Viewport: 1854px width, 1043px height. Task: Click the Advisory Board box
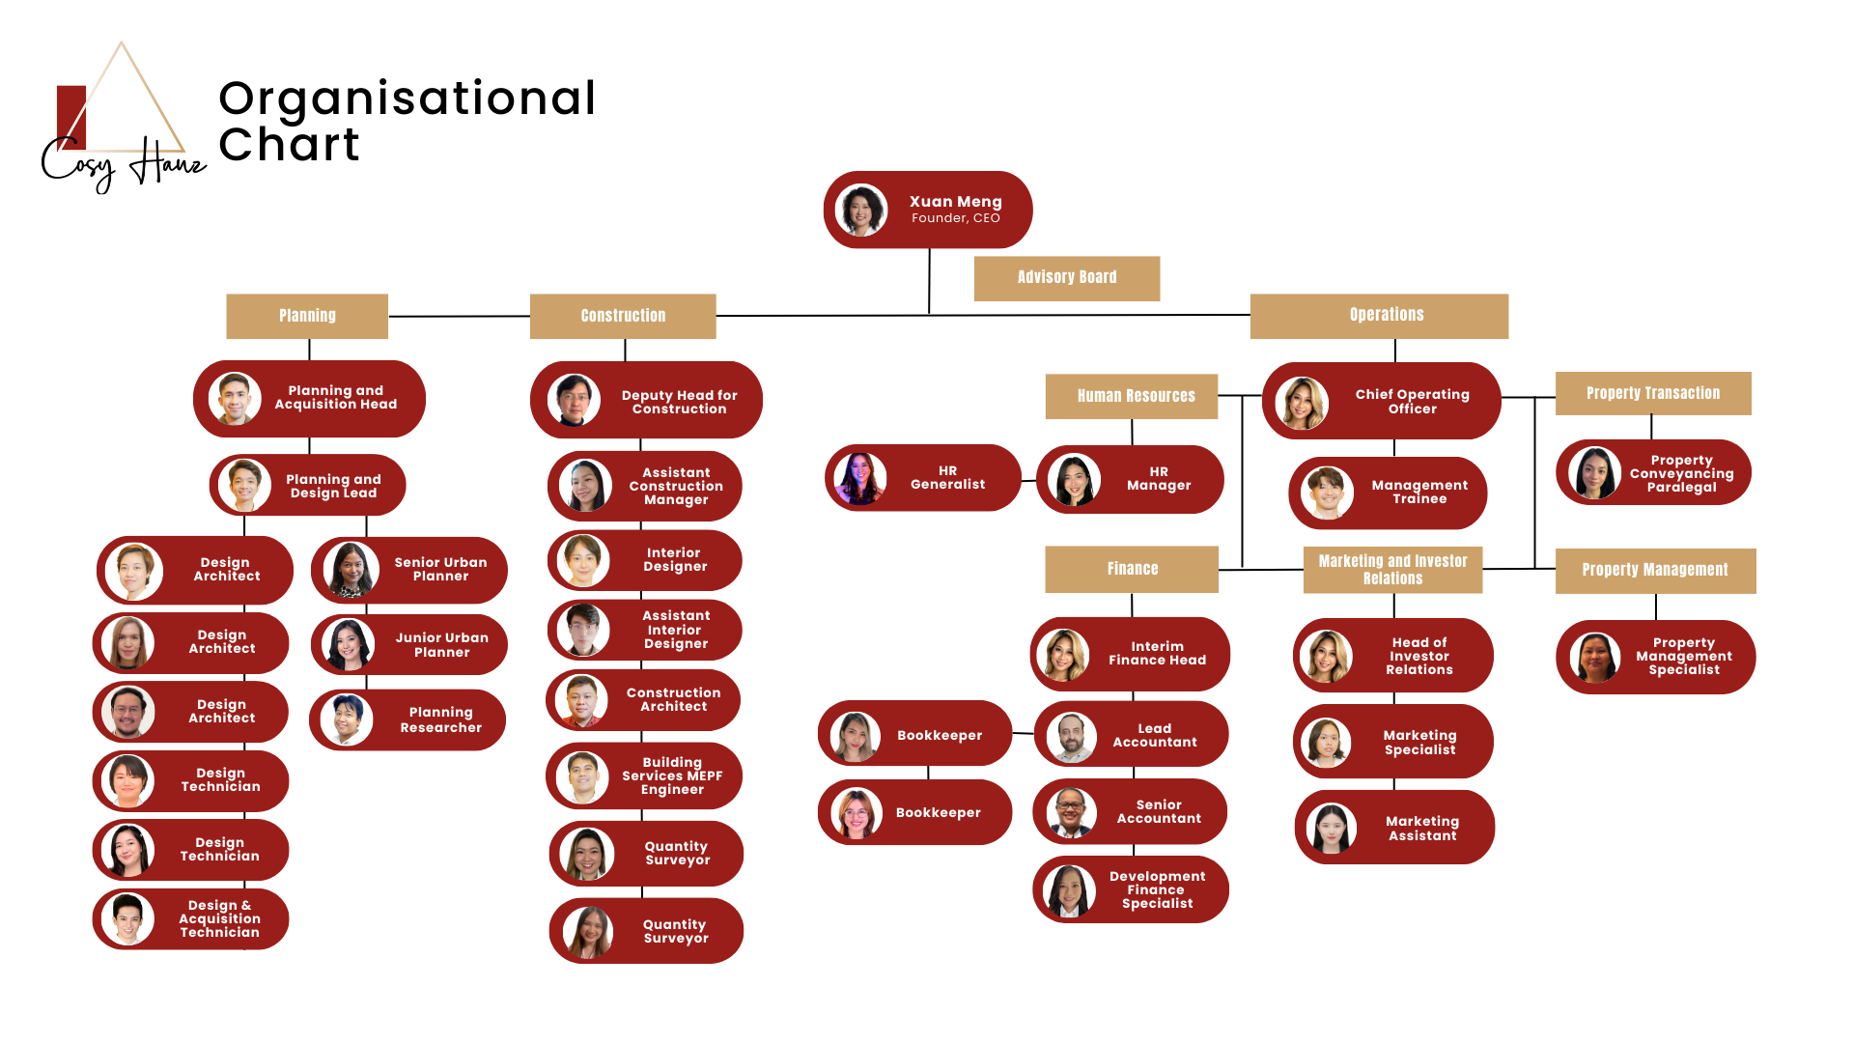(1066, 278)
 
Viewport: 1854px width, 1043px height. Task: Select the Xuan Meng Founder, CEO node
(928, 210)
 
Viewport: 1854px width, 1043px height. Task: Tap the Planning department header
(307, 316)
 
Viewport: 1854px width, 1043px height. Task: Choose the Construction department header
(623, 316)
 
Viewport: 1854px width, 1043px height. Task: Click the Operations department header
(1379, 316)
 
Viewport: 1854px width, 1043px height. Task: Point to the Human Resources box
(1132, 396)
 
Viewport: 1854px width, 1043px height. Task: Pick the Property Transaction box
(1653, 393)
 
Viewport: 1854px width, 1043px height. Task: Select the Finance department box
(1132, 569)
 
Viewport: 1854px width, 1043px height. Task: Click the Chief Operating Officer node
(1381, 401)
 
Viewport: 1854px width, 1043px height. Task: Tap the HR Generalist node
(923, 478)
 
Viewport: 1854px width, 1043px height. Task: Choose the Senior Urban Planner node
(409, 570)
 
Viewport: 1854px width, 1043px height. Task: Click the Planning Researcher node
(407, 719)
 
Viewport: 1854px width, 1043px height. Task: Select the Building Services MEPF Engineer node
(644, 776)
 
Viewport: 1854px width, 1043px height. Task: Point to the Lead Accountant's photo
(1071, 738)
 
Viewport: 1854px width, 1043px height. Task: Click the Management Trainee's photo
(1327, 493)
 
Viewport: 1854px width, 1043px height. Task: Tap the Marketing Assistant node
(1394, 828)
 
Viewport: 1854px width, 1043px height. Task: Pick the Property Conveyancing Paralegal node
(1653, 472)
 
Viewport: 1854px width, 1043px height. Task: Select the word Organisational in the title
(407, 99)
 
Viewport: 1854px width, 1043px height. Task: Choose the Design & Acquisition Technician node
(190, 918)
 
